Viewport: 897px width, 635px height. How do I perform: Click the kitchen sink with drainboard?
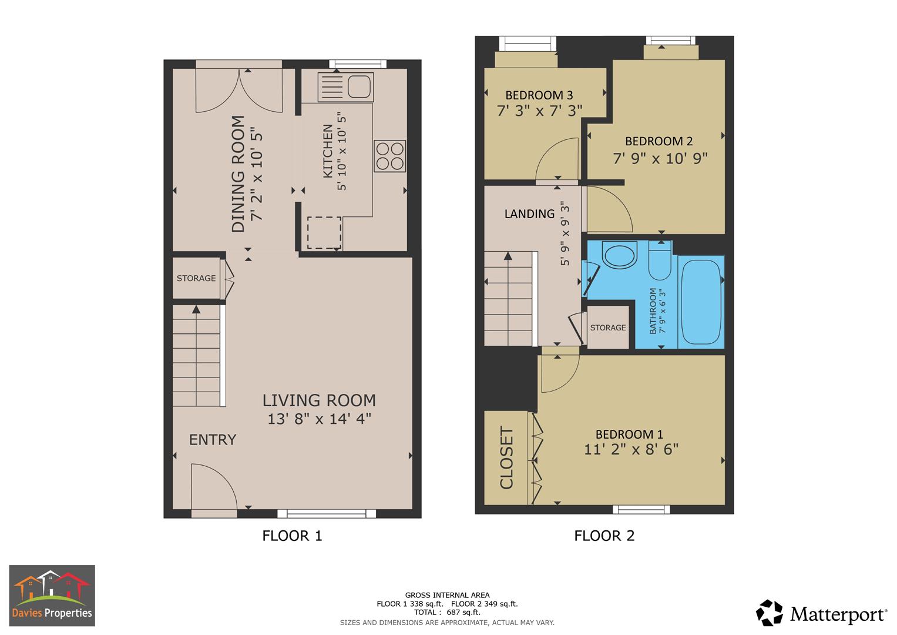[x=345, y=87]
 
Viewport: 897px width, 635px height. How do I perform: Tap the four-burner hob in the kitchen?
[x=390, y=156]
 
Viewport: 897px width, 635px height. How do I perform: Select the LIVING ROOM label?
[x=319, y=400]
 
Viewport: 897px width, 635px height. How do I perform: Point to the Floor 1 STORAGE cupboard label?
[x=196, y=278]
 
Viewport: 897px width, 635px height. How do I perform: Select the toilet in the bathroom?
[x=660, y=262]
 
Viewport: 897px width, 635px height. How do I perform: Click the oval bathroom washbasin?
[x=620, y=256]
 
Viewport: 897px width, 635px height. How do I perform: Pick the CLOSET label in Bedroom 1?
[x=506, y=458]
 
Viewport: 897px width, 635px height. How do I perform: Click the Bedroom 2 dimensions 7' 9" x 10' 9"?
[x=660, y=158]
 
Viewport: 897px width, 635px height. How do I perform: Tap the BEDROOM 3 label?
[x=539, y=95]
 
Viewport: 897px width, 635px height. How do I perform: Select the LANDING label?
[x=529, y=214]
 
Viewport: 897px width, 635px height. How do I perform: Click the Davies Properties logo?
[x=52, y=596]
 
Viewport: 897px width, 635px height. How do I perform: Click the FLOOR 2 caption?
[x=604, y=536]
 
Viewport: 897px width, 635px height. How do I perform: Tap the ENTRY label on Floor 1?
[x=212, y=440]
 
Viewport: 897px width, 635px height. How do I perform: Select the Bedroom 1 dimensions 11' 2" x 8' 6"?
[x=631, y=449]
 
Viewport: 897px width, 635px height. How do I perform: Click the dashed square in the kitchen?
[x=324, y=232]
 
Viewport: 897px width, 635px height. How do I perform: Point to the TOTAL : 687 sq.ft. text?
[x=447, y=612]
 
